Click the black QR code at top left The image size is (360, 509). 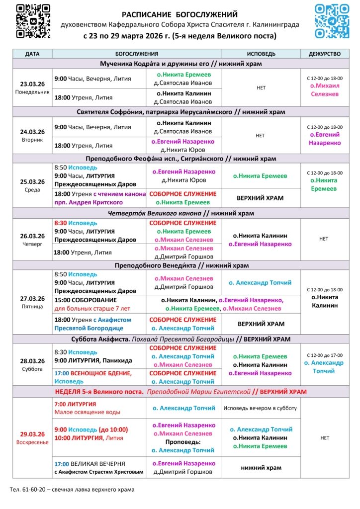(x=33, y=21)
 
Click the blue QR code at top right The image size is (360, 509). (x=332, y=20)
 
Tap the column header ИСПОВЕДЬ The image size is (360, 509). (x=261, y=54)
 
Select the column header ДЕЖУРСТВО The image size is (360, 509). (x=325, y=54)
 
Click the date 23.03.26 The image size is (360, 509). (x=32, y=84)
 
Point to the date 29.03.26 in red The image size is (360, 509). (x=32, y=433)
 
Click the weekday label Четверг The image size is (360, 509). (x=32, y=244)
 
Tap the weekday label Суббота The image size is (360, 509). (x=32, y=369)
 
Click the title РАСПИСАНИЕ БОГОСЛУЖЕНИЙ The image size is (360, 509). (x=180, y=14)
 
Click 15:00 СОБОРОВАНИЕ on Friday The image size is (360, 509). (x=86, y=300)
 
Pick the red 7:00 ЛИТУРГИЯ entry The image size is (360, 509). (x=75, y=404)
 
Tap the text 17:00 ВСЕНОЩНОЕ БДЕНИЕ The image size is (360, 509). (x=93, y=373)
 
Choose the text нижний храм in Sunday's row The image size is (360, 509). (x=261, y=468)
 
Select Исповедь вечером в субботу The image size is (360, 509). (x=260, y=408)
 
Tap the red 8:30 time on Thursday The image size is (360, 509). (x=60, y=223)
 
